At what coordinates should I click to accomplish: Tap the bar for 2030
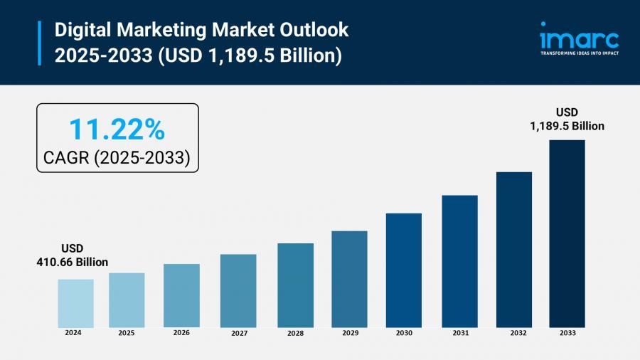(x=404, y=270)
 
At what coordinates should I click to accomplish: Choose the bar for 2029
(x=349, y=278)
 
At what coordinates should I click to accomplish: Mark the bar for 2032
(x=514, y=249)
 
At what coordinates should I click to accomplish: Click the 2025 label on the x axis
(x=127, y=332)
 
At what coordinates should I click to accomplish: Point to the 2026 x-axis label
(x=181, y=332)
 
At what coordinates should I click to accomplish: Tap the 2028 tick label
(x=295, y=333)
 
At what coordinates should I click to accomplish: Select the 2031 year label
(x=459, y=333)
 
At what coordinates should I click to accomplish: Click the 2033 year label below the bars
(x=567, y=333)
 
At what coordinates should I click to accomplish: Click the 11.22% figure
(x=117, y=129)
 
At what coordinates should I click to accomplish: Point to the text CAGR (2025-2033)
(x=117, y=158)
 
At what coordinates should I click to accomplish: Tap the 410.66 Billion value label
(x=73, y=263)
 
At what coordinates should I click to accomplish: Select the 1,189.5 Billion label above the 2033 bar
(x=567, y=126)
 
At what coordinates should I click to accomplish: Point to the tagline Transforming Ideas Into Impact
(x=579, y=53)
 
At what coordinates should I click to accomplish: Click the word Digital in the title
(x=79, y=30)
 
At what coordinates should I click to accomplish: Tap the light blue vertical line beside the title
(x=39, y=43)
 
